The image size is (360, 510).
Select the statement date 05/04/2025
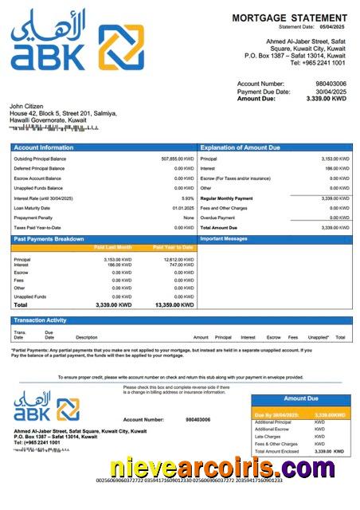tap(333, 27)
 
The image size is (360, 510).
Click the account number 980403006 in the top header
tap(330, 83)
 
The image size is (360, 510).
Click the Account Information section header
tap(38, 148)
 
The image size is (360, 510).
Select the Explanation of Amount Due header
tap(240, 148)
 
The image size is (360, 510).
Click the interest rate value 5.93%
tap(188, 198)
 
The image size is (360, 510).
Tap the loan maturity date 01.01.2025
tap(183, 208)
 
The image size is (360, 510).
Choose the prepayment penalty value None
tap(189, 218)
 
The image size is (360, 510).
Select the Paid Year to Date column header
tap(173, 248)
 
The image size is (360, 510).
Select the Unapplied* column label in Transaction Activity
tap(319, 337)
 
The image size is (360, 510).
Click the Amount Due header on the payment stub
tap(301, 398)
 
